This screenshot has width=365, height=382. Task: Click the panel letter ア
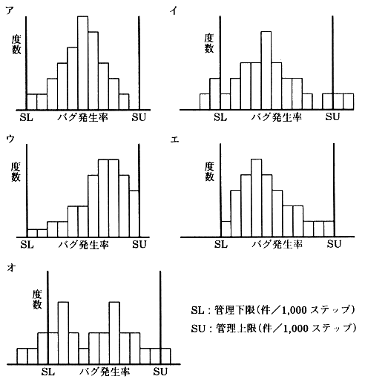tap(10, 10)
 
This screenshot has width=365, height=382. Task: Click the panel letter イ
tap(174, 10)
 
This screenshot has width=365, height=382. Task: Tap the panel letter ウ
tap(10, 139)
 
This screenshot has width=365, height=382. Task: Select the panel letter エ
tap(174, 140)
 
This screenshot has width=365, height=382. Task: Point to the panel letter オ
tap(12, 268)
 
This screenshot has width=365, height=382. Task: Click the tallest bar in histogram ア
tap(83, 63)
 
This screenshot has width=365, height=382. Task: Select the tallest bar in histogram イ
tap(266, 70)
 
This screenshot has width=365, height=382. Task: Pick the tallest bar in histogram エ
tap(257, 198)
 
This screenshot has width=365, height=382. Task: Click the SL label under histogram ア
tap(27, 117)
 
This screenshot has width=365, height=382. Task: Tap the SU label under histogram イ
tap(332, 116)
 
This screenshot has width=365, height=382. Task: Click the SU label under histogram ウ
tap(139, 245)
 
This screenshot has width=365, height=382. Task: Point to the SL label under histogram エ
tap(221, 244)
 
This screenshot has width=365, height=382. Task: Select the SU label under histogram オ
tap(160, 372)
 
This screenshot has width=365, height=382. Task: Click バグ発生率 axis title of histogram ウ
tap(84, 245)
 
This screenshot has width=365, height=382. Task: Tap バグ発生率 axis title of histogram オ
tap(105, 372)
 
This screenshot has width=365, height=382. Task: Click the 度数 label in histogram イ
tap(209, 43)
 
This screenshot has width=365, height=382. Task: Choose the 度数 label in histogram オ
tap(37, 300)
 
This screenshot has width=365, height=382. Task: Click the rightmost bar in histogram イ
tap(349, 102)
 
